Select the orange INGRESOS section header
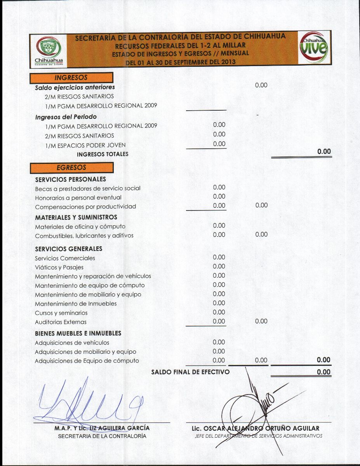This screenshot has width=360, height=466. (x=71, y=78)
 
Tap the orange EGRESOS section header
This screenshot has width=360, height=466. (x=71, y=168)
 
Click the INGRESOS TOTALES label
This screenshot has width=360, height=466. (x=103, y=154)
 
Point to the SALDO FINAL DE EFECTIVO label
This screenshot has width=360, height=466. (x=190, y=372)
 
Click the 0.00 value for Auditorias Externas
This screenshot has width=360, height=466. (x=219, y=321)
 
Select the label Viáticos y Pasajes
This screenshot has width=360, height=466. (x=59, y=267)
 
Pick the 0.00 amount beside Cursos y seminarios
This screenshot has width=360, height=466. (x=219, y=312)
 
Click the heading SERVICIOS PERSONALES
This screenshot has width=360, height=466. (x=70, y=179)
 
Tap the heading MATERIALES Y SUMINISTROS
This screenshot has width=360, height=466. (x=76, y=217)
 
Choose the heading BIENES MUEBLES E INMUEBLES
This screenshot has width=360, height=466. (x=78, y=334)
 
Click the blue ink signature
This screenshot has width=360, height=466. (x=89, y=404)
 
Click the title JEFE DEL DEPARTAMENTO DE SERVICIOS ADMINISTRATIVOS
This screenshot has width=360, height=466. (x=259, y=436)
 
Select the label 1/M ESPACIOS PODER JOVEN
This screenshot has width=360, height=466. (x=85, y=145)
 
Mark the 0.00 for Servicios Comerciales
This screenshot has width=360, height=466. (x=219, y=257)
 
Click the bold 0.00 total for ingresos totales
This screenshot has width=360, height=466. (x=324, y=151)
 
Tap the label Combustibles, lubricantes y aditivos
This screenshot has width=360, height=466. (x=84, y=236)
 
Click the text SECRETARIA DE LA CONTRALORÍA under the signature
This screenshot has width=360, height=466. (x=102, y=436)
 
